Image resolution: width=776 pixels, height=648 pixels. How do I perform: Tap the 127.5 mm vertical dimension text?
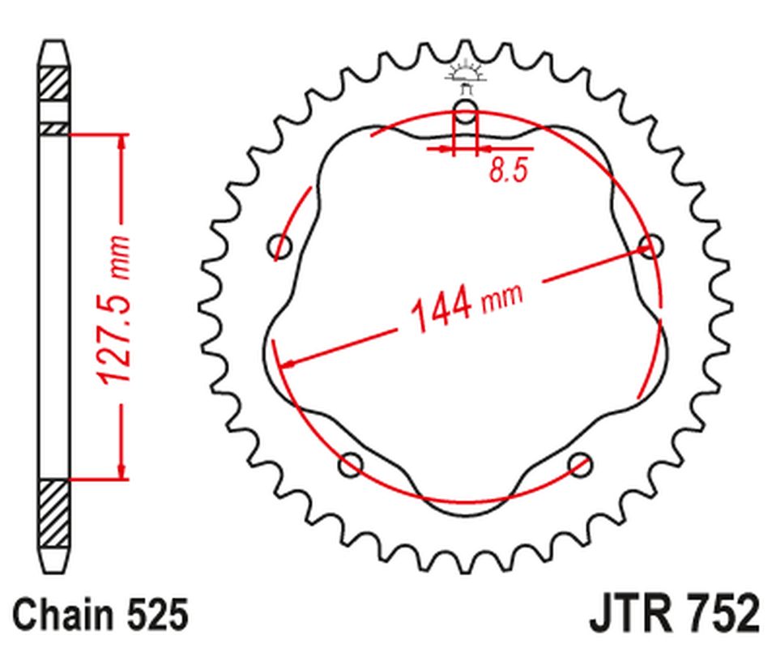coord(113,309)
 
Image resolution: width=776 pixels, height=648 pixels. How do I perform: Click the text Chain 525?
coord(100,615)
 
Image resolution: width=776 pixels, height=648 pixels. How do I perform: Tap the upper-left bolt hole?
coord(280,245)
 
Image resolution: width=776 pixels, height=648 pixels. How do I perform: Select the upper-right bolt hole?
coord(651,246)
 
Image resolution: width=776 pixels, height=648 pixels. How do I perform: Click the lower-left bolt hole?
coord(351,464)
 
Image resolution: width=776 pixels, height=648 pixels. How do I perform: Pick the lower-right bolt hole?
coord(580,464)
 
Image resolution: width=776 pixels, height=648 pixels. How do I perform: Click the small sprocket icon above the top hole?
coord(466,74)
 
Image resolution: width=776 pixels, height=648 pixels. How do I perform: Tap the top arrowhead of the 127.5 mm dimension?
coord(122,143)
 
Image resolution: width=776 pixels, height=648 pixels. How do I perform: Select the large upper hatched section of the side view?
coord(54,83)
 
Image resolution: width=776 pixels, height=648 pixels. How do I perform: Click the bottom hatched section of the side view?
coord(54,514)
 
